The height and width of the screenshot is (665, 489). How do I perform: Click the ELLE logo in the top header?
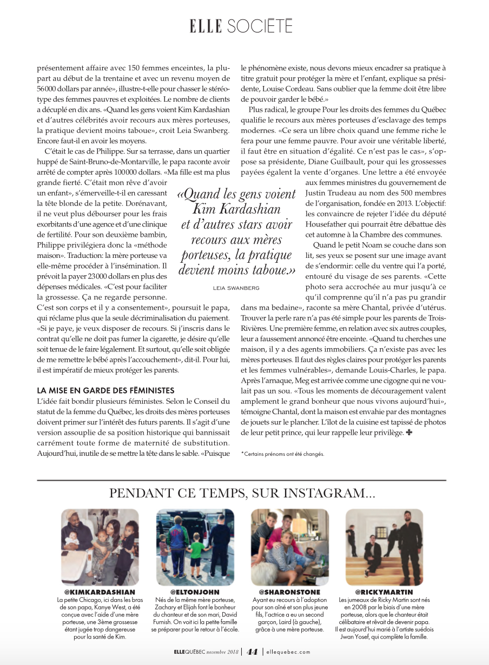(206, 25)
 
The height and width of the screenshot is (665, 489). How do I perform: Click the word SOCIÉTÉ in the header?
(260, 25)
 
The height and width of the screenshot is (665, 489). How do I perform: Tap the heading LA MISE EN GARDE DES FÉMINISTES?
(105, 390)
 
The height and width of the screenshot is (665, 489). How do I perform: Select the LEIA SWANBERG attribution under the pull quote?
(236, 288)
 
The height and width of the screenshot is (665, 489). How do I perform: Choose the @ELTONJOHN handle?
(195, 592)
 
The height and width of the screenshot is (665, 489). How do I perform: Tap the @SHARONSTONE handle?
(289, 592)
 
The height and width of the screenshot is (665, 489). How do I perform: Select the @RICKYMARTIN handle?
(384, 592)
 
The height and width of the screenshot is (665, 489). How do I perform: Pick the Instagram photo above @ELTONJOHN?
(195, 547)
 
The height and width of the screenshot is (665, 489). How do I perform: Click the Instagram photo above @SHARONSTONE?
(290, 547)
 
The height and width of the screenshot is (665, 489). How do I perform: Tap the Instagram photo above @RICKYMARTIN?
(384, 547)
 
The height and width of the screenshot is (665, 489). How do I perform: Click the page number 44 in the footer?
(252, 652)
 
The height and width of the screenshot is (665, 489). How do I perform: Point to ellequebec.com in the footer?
(288, 652)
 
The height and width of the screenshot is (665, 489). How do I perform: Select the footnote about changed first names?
(282, 454)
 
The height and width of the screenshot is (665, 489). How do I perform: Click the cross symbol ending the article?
(409, 433)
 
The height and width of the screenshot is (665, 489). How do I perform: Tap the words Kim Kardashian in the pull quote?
(236, 210)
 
